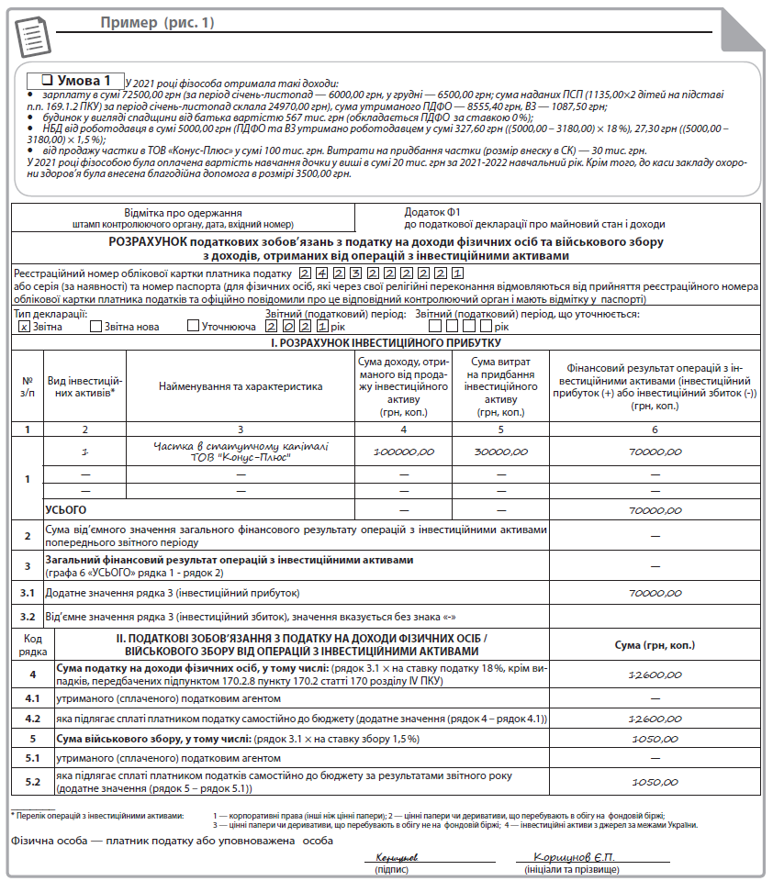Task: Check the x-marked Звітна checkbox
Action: [24, 326]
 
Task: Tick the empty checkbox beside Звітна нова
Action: [95, 326]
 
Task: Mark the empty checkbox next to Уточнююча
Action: [193, 326]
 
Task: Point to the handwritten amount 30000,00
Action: [500, 452]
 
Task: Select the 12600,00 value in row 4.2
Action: [655, 719]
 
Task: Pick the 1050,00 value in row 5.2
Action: [655, 782]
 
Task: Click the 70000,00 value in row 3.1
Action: [655, 594]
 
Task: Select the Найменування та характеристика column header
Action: [241, 386]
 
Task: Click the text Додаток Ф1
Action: [440, 210]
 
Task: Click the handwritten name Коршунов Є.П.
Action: [576, 857]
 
